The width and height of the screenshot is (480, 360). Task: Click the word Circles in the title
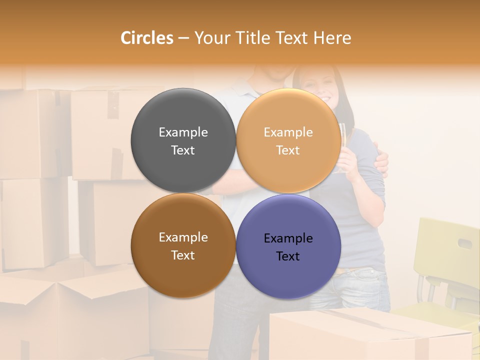147,38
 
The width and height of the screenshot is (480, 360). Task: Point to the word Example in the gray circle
183,132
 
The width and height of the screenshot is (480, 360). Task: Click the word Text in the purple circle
288,256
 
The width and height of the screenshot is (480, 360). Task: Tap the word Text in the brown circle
183,255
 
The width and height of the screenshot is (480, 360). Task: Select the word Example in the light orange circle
288,132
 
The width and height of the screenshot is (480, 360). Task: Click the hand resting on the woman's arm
381,162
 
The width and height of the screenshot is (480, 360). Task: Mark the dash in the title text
183,38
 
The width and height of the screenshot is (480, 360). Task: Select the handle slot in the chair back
464,243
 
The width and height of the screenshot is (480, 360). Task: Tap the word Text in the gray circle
183,150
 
